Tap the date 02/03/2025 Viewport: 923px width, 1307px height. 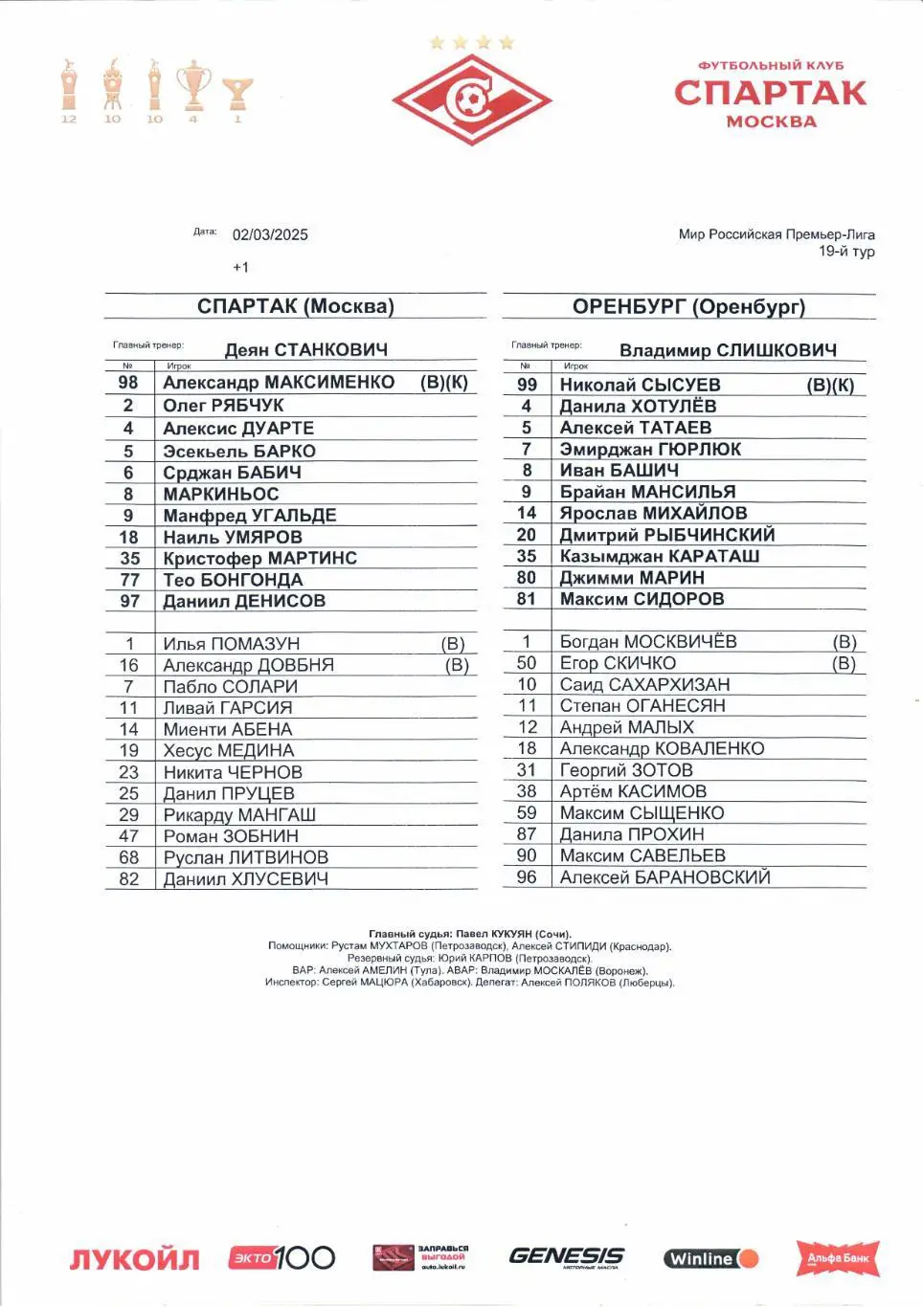click(x=270, y=234)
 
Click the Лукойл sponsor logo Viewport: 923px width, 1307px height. click(x=134, y=1258)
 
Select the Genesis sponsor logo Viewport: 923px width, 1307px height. click(x=566, y=1256)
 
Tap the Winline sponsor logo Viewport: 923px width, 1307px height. click(x=710, y=1258)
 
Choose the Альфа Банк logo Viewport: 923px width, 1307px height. click(x=838, y=1257)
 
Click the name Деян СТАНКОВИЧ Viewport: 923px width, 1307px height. click(x=305, y=349)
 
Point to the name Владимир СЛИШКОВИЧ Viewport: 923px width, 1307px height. click(x=728, y=350)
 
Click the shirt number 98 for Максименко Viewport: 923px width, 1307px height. click(x=128, y=382)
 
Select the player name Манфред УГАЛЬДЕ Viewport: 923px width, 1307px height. click(x=250, y=515)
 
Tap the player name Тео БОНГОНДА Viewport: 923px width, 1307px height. click(x=233, y=580)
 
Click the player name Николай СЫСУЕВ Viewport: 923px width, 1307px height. click(x=640, y=385)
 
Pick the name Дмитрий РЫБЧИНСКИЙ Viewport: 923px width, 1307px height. click(x=667, y=535)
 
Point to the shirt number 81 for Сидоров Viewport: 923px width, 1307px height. click(x=527, y=599)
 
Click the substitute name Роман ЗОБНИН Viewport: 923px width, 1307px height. click(x=231, y=835)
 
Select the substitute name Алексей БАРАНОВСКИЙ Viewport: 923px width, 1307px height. click(x=664, y=876)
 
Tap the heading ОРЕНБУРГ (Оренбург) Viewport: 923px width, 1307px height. click(x=688, y=306)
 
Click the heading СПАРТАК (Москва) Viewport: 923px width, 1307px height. click(x=295, y=306)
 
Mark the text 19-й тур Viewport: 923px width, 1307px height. click(x=846, y=251)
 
